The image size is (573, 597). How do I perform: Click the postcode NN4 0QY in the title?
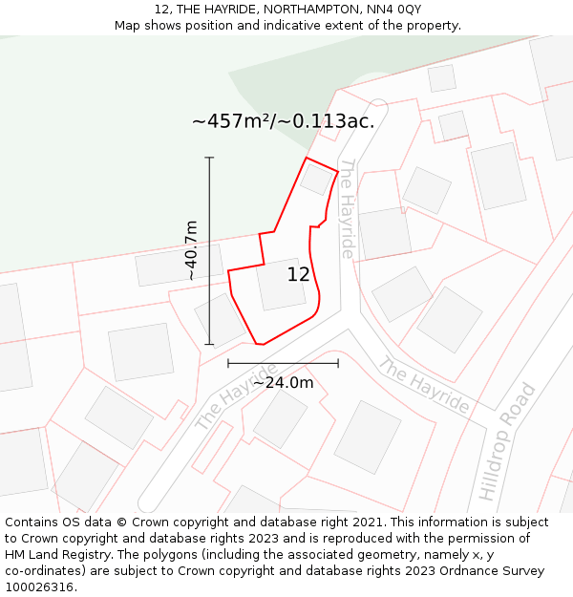[396, 10]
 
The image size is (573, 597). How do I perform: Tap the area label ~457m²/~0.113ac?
[283, 121]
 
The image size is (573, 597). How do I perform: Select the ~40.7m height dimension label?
[191, 250]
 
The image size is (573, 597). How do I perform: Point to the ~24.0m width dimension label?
[283, 382]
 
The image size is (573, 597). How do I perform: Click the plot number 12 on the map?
[298, 274]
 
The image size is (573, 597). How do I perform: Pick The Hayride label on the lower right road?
[423, 385]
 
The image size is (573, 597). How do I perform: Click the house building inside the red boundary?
[281, 284]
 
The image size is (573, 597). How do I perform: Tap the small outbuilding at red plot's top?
[316, 179]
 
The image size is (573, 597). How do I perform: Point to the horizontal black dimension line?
[283, 363]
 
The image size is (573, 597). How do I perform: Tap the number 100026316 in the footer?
[37, 587]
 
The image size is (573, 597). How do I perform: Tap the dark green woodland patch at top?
[306, 86]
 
